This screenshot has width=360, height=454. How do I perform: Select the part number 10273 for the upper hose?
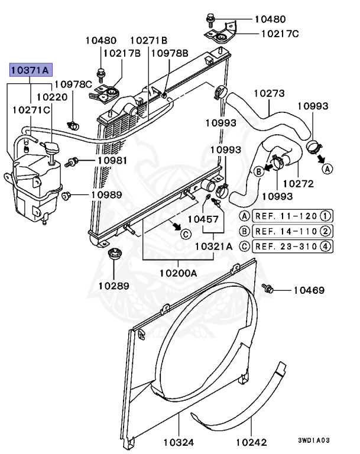(269, 93)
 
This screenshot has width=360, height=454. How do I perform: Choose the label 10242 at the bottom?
(251, 442)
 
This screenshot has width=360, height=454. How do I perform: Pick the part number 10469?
(309, 290)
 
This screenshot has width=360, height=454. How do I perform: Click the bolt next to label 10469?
(268, 288)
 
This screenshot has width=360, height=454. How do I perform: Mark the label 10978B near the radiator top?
(170, 53)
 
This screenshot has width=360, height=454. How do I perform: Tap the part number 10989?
(106, 194)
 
